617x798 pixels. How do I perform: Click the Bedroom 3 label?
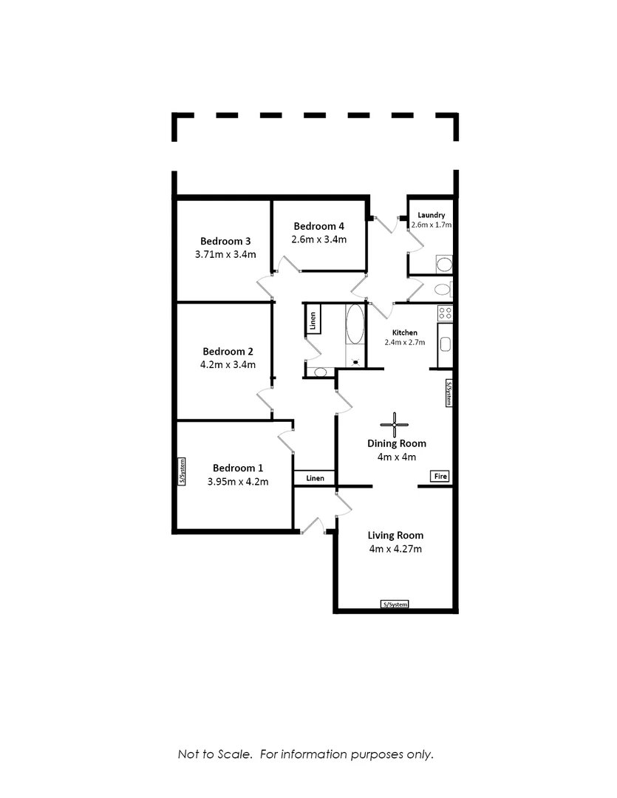point(225,241)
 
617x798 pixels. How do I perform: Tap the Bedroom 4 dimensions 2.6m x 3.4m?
point(318,239)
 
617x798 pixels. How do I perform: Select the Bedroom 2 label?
point(228,351)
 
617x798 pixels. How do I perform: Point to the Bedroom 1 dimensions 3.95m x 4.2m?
point(238,482)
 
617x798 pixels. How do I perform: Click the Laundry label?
point(432,215)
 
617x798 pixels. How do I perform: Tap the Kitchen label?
point(405,332)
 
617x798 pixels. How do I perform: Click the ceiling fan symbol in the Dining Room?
point(394,424)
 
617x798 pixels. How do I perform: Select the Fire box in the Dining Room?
point(440,477)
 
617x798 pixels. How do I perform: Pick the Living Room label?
point(395,536)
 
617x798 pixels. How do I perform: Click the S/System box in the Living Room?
point(395,604)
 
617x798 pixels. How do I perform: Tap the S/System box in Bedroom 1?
point(182,471)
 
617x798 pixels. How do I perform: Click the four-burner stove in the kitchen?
point(445,313)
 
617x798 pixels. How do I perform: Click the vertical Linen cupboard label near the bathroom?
point(313,321)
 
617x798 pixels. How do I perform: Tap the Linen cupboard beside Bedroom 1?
point(315,478)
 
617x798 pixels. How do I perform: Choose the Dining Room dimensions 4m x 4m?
point(397,457)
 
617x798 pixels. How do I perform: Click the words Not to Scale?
point(215,754)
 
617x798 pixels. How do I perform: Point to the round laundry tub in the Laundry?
point(444,265)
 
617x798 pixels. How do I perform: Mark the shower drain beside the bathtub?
point(355,362)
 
